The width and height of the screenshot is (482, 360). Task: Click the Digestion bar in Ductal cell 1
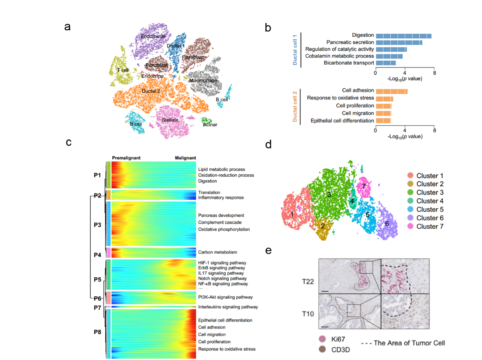[x=403, y=36]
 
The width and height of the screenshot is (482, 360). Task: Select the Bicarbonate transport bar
[x=386, y=63]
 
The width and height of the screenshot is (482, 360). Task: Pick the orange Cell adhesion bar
[x=392, y=91]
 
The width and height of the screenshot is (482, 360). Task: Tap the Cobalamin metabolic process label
[x=339, y=56]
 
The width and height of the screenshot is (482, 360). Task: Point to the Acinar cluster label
[x=210, y=125]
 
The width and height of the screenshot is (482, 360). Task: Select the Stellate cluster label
[x=170, y=120]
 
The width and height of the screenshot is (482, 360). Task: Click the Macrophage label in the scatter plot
[x=203, y=81]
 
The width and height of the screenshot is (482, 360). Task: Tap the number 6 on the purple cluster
[x=387, y=224]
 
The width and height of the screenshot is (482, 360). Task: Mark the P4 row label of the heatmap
[x=97, y=255]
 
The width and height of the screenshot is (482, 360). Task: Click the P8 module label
[x=97, y=332]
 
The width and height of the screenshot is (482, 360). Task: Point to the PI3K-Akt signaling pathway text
[x=225, y=297]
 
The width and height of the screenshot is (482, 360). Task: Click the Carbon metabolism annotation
[x=218, y=252]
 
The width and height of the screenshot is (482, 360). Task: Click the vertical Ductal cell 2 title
[x=295, y=106]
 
